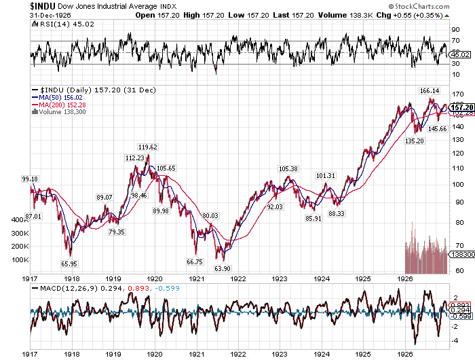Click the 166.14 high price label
(431, 91)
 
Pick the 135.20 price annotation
(415, 141)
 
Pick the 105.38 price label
(288, 168)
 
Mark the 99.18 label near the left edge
(30, 179)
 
